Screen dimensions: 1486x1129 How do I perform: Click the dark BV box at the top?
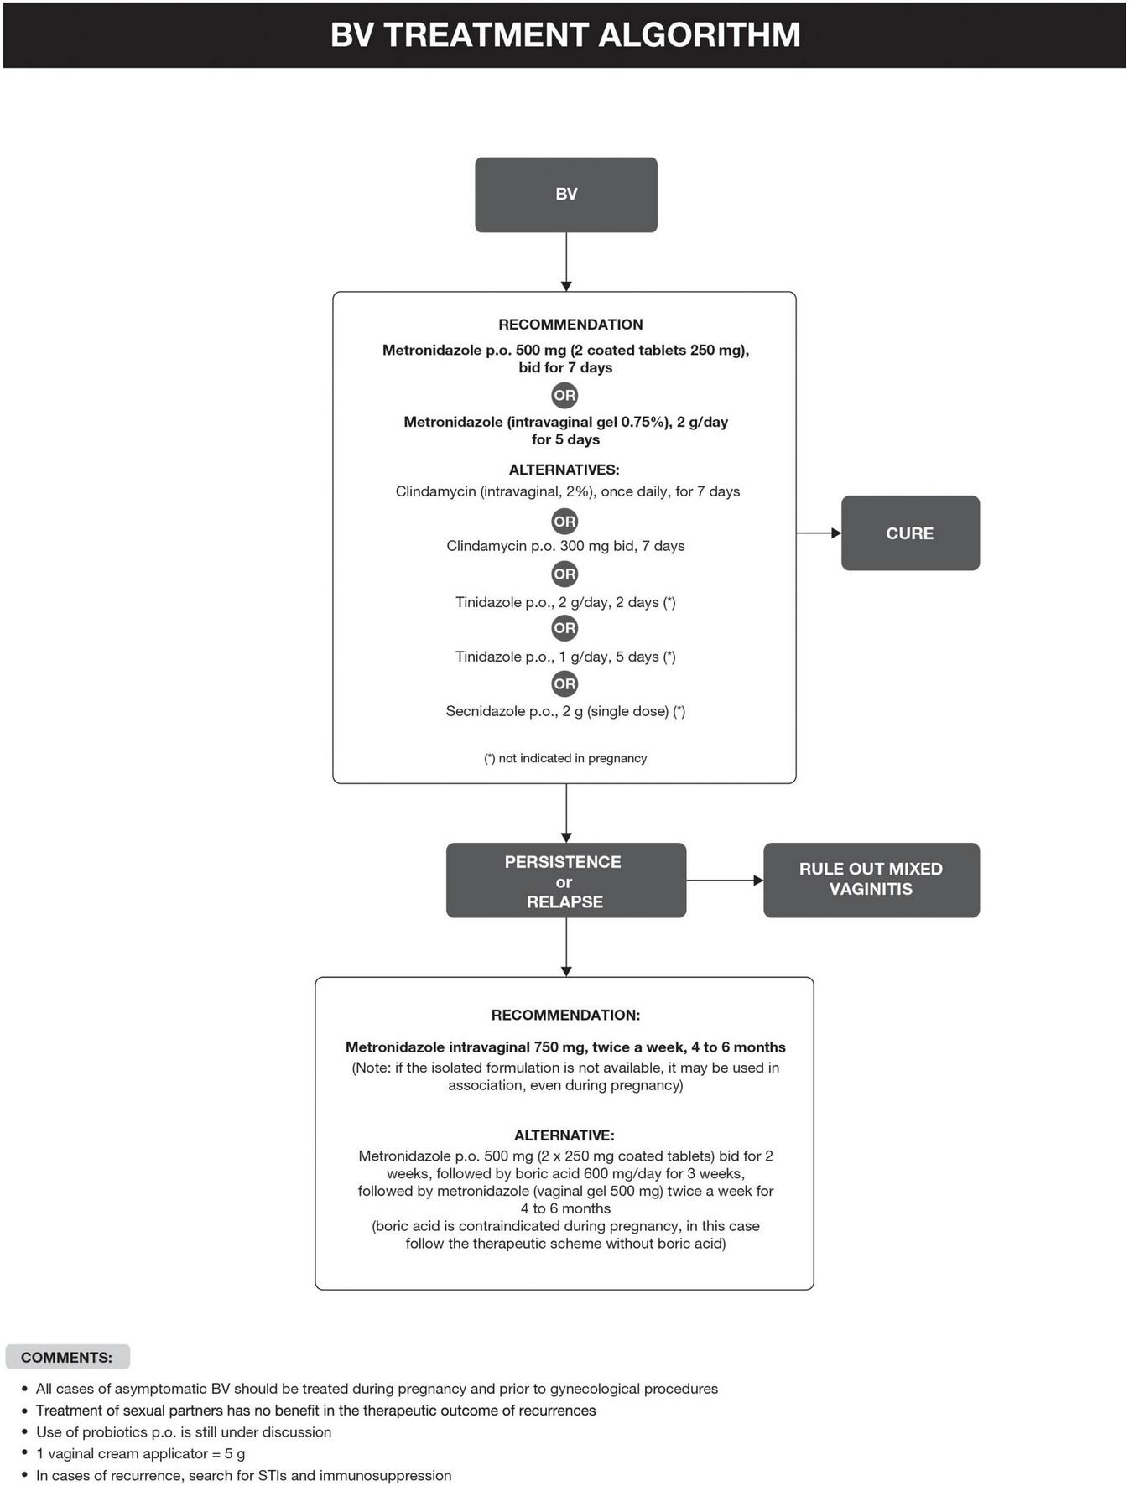pyautogui.click(x=565, y=195)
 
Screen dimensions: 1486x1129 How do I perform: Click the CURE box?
pyautogui.click(x=910, y=533)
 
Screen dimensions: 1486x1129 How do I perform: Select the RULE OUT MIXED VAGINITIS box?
pyautogui.click(x=871, y=880)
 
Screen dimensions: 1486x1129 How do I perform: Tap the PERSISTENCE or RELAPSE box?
pyautogui.click(x=565, y=881)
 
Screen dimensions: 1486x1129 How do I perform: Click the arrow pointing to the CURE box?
pyautogui.click(x=818, y=533)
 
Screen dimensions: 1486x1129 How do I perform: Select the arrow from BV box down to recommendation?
pyautogui.click(x=566, y=262)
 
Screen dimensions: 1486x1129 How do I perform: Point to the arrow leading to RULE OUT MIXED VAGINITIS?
pyautogui.click(x=725, y=881)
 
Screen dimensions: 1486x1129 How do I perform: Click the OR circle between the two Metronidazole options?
pyautogui.click(x=564, y=395)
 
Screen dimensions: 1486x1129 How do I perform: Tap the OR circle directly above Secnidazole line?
pyautogui.click(x=564, y=683)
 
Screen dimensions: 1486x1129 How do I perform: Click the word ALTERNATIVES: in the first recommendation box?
pyautogui.click(x=564, y=470)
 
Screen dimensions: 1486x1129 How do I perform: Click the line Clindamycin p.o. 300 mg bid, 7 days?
pyautogui.click(x=565, y=546)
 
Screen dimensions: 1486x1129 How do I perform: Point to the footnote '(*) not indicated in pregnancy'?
pyautogui.click(x=565, y=758)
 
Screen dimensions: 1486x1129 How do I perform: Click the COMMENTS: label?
pyautogui.click(x=67, y=1358)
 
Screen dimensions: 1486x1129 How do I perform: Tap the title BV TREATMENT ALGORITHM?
pyautogui.click(x=564, y=35)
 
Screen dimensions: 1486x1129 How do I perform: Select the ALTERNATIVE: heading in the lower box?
pyautogui.click(x=564, y=1135)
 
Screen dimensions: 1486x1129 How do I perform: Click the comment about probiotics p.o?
pyautogui.click(x=184, y=1432)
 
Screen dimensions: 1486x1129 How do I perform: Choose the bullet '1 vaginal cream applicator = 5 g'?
pyautogui.click(x=140, y=1454)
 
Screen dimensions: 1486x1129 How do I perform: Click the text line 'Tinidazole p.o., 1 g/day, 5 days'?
pyautogui.click(x=565, y=657)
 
